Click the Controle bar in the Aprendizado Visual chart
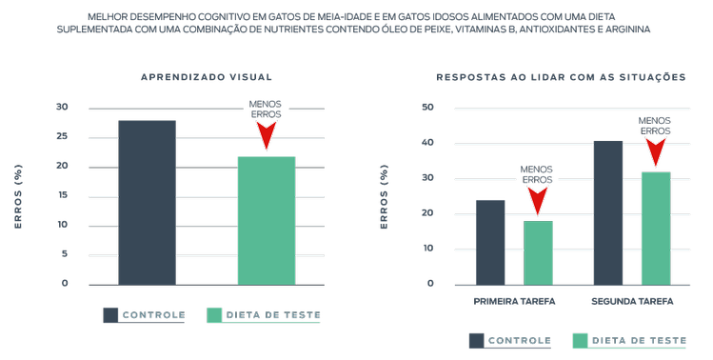click(147, 202)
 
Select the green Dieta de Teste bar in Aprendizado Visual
click(266, 220)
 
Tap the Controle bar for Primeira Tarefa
click(490, 242)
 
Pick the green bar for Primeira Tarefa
click(538, 252)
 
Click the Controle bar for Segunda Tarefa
click(607, 212)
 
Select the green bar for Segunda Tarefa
click(655, 228)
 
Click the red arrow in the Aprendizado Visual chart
click(266, 135)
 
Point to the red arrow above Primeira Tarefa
click(538, 201)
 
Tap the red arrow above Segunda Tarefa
click(655, 152)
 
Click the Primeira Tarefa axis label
click(514, 302)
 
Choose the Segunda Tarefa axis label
click(631, 302)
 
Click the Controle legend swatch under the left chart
click(111, 315)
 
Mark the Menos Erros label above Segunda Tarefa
click(655, 125)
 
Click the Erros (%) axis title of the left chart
click(18, 195)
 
